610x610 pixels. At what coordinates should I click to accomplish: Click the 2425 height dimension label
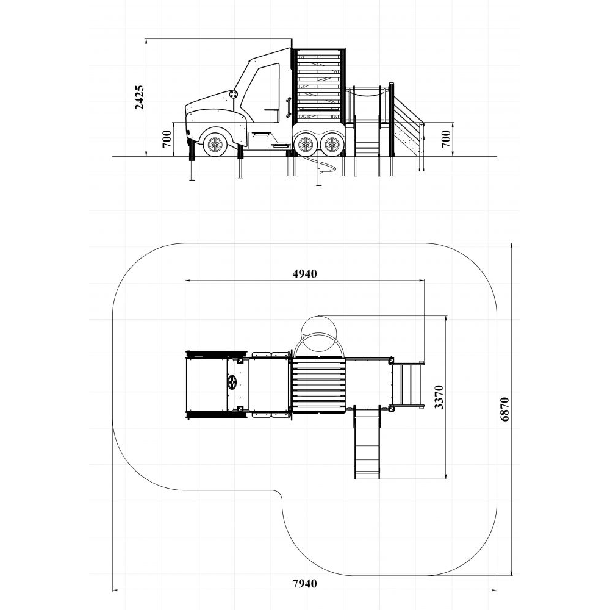tap(139, 98)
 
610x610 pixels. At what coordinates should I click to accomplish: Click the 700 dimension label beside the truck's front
tap(167, 139)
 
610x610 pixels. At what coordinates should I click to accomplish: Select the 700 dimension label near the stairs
tap(446, 139)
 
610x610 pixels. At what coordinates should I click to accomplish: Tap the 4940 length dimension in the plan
tap(304, 274)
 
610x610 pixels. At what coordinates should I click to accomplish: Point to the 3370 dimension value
tap(439, 397)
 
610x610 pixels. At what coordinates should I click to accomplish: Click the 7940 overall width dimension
tap(304, 584)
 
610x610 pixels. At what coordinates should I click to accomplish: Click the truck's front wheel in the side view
tap(215, 145)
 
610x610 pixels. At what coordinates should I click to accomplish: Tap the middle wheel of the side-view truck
tap(305, 145)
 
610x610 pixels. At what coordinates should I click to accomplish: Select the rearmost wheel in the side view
tap(332, 145)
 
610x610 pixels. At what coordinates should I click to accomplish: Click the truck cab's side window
tap(260, 93)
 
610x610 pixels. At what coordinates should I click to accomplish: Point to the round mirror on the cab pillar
tap(233, 95)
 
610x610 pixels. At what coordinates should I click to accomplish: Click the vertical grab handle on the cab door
tap(287, 107)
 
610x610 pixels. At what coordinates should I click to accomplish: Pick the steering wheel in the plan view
tap(232, 382)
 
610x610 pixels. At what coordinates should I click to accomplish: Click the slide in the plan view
tap(367, 443)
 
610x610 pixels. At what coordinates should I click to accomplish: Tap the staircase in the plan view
tap(407, 384)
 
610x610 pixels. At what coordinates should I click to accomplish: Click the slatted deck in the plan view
tap(318, 384)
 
